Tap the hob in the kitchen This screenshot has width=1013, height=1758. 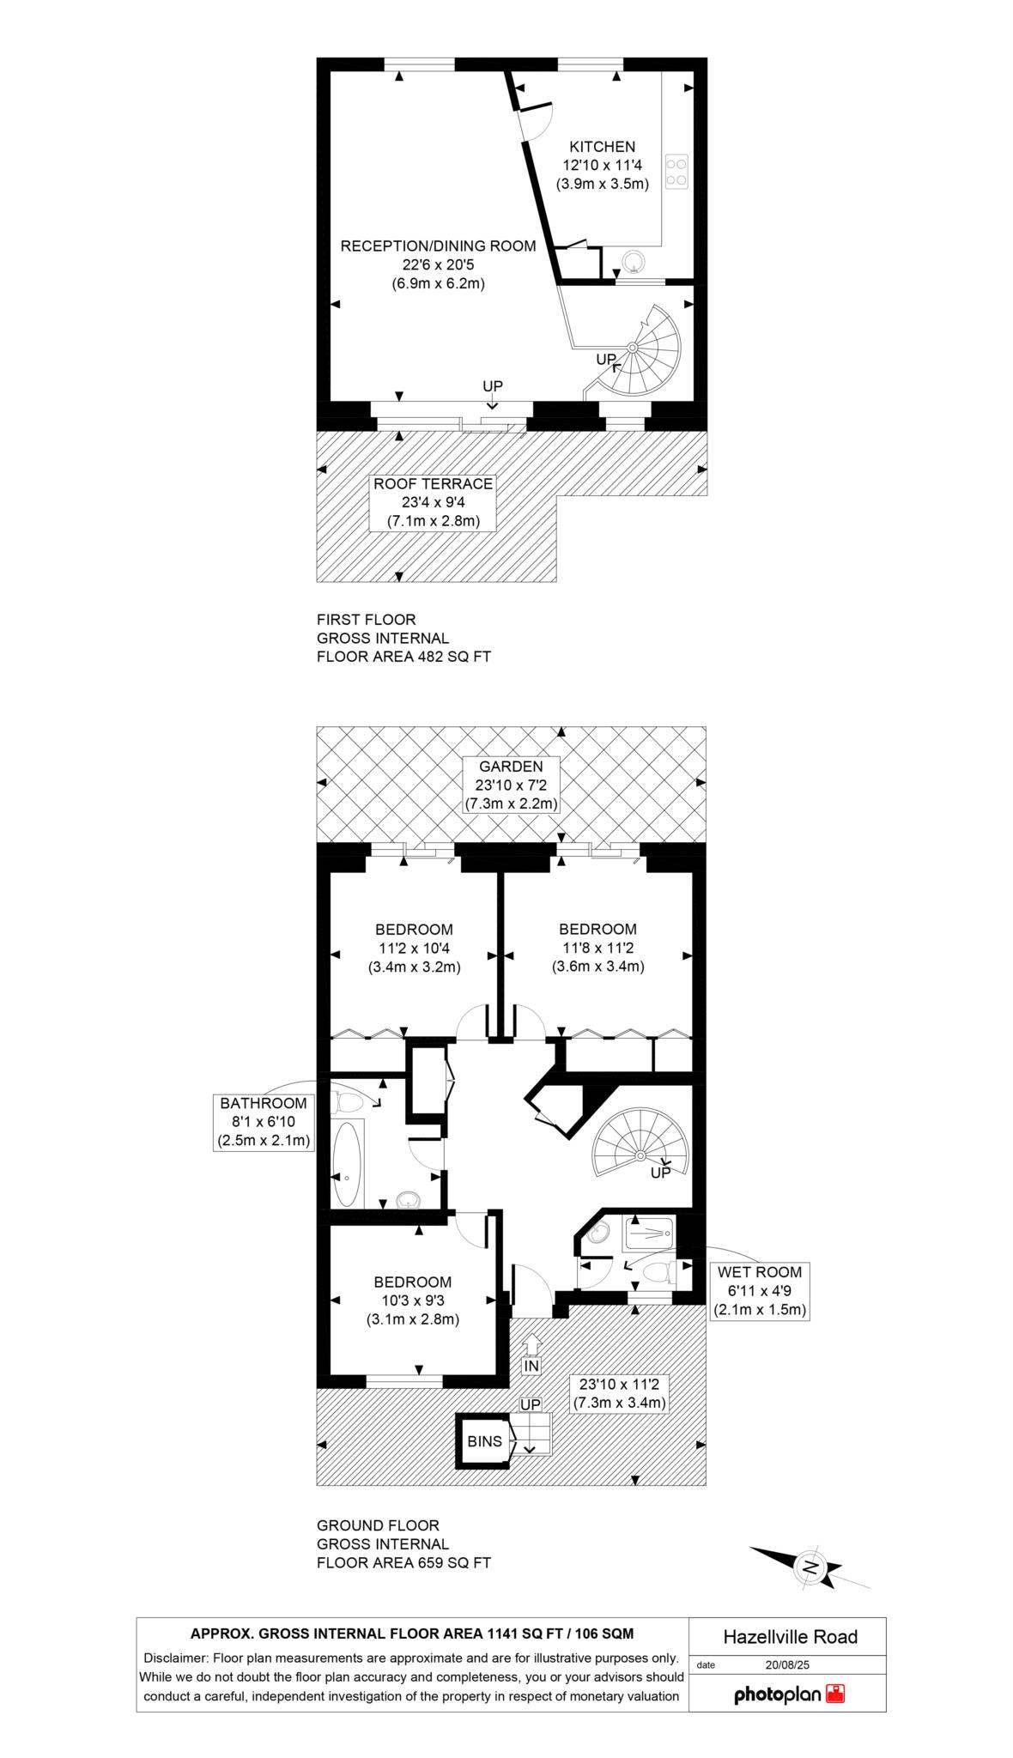[x=676, y=171]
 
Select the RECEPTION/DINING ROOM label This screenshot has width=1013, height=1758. [x=438, y=246]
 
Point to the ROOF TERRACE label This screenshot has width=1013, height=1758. [x=433, y=484]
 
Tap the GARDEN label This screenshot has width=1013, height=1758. [x=511, y=767]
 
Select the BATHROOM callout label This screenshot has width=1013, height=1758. [x=264, y=1103]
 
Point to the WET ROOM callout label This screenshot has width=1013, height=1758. [x=760, y=1272]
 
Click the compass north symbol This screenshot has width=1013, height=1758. [x=809, y=1565]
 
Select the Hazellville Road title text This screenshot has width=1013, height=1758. [x=790, y=1636]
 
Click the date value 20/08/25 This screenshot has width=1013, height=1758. [x=787, y=1664]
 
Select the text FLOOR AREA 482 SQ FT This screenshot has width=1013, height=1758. [x=403, y=657]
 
